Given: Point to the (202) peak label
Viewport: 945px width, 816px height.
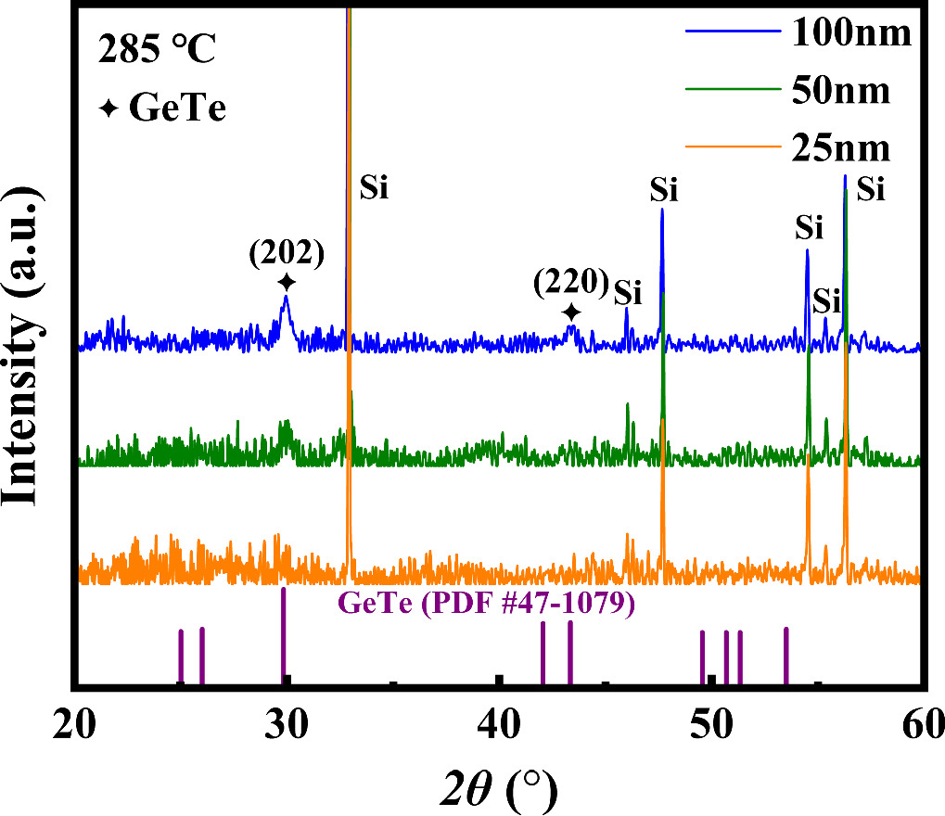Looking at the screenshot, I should point(286,253).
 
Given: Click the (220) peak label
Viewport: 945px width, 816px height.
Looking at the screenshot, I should point(570,282).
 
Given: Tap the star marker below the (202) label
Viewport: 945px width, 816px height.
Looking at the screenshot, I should point(287,282).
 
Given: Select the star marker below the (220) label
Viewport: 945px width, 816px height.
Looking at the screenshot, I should point(572,312).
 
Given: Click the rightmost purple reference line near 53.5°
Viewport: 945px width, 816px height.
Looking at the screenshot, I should point(786,657).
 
